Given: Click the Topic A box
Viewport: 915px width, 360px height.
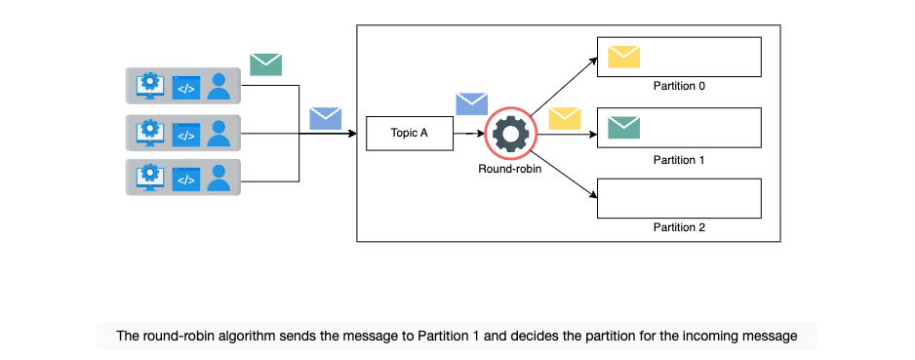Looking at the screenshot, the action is pos(410,134).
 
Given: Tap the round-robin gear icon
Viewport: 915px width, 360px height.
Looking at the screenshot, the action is pos(510,134).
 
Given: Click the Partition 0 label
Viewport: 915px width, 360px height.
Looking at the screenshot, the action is pos(679,86).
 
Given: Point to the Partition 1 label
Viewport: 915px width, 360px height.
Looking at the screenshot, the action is pos(679,160).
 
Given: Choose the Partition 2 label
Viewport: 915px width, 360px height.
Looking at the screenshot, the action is pos(679,227).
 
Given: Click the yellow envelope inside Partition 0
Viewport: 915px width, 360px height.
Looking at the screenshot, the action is pos(623,57).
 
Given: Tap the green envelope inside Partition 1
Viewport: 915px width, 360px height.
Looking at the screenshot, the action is pos(623,127).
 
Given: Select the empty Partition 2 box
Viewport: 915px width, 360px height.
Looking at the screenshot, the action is pos(679,198).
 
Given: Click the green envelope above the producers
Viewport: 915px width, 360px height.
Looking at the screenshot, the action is pos(266,64).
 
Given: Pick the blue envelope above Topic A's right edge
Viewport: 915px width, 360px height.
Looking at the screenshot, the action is pos(471,103).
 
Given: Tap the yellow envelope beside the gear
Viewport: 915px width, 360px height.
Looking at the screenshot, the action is pos(565,118).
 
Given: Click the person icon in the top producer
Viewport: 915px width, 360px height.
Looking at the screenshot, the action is pos(219,86).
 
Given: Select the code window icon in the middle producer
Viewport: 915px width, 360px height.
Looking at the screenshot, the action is pos(185,135).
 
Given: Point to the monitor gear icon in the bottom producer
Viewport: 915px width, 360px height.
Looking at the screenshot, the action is pos(150,177).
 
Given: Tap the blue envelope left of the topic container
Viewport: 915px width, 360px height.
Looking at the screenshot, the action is pos(326,118).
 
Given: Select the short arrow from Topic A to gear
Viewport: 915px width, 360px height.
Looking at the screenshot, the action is pos(469,134).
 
